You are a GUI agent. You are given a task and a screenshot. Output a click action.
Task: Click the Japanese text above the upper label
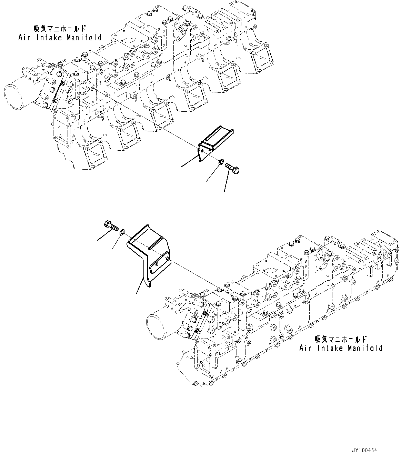59,28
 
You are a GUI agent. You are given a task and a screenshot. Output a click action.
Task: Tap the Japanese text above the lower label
340,339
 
